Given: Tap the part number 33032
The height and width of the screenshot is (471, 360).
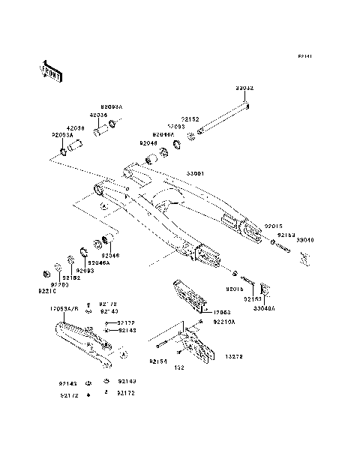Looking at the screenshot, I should click(x=245, y=88).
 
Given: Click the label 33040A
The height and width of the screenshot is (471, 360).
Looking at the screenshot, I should click(x=263, y=308).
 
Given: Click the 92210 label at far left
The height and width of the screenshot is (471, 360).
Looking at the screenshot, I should click(x=46, y=291).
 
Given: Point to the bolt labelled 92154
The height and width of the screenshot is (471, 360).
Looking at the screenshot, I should click(x=166, y=346).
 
